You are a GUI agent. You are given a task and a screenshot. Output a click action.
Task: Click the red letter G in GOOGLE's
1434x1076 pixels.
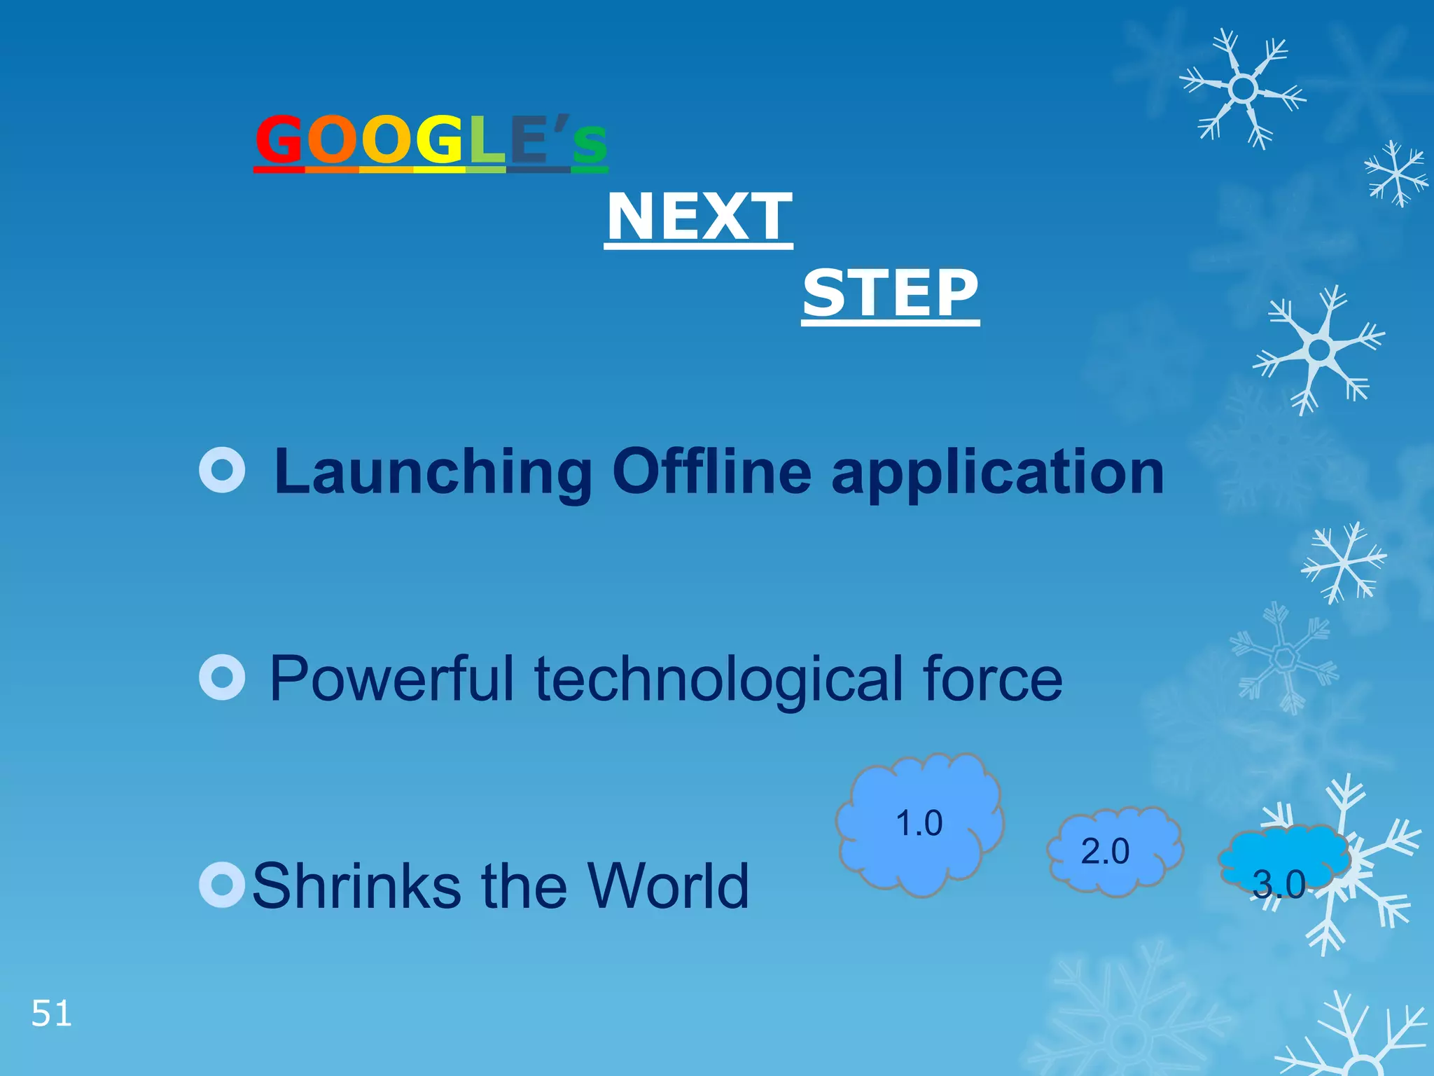279,139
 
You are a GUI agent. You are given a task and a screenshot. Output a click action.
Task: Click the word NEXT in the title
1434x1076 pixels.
699,216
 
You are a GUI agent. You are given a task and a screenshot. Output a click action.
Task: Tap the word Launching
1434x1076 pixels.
433,473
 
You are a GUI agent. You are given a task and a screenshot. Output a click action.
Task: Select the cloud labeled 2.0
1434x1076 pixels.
1113,851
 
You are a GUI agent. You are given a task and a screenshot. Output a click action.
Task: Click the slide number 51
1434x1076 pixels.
51,1014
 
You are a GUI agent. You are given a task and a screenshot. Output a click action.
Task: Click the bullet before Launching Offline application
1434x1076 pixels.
222,470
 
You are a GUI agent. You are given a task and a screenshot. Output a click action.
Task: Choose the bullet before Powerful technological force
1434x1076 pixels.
222,677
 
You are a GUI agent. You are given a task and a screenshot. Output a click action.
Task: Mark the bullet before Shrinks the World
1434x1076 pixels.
222,885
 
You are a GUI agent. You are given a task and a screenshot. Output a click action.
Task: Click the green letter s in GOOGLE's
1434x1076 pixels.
590,144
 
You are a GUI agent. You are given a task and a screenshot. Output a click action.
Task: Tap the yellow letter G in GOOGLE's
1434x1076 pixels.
440,139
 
